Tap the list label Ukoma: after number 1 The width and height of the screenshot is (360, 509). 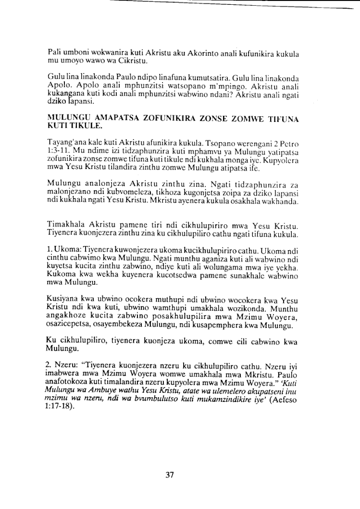coord(70,250)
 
